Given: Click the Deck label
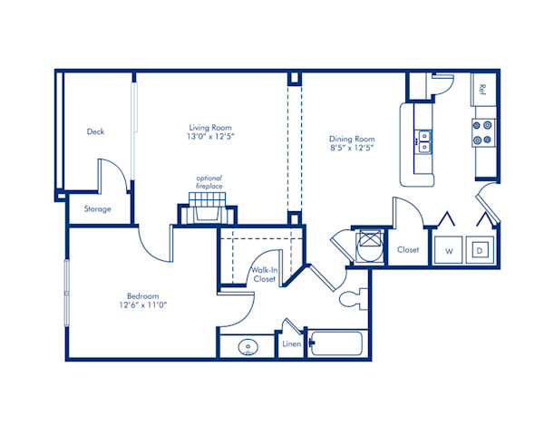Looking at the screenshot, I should coord(95,131).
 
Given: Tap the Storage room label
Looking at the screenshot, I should coord(98,209).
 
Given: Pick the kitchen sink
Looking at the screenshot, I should coord(423,140).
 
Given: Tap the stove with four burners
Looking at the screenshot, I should coord(482,132).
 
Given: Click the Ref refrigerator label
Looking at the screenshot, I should coord(483,90).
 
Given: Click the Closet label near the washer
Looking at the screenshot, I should coord(407,250).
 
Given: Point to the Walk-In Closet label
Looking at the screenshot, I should coord(264,275).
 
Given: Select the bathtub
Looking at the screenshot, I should coord(335,345).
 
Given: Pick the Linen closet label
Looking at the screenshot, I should coord(291,344).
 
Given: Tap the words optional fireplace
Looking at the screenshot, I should coord(209,182).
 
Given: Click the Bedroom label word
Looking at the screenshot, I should coord(143,296).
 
